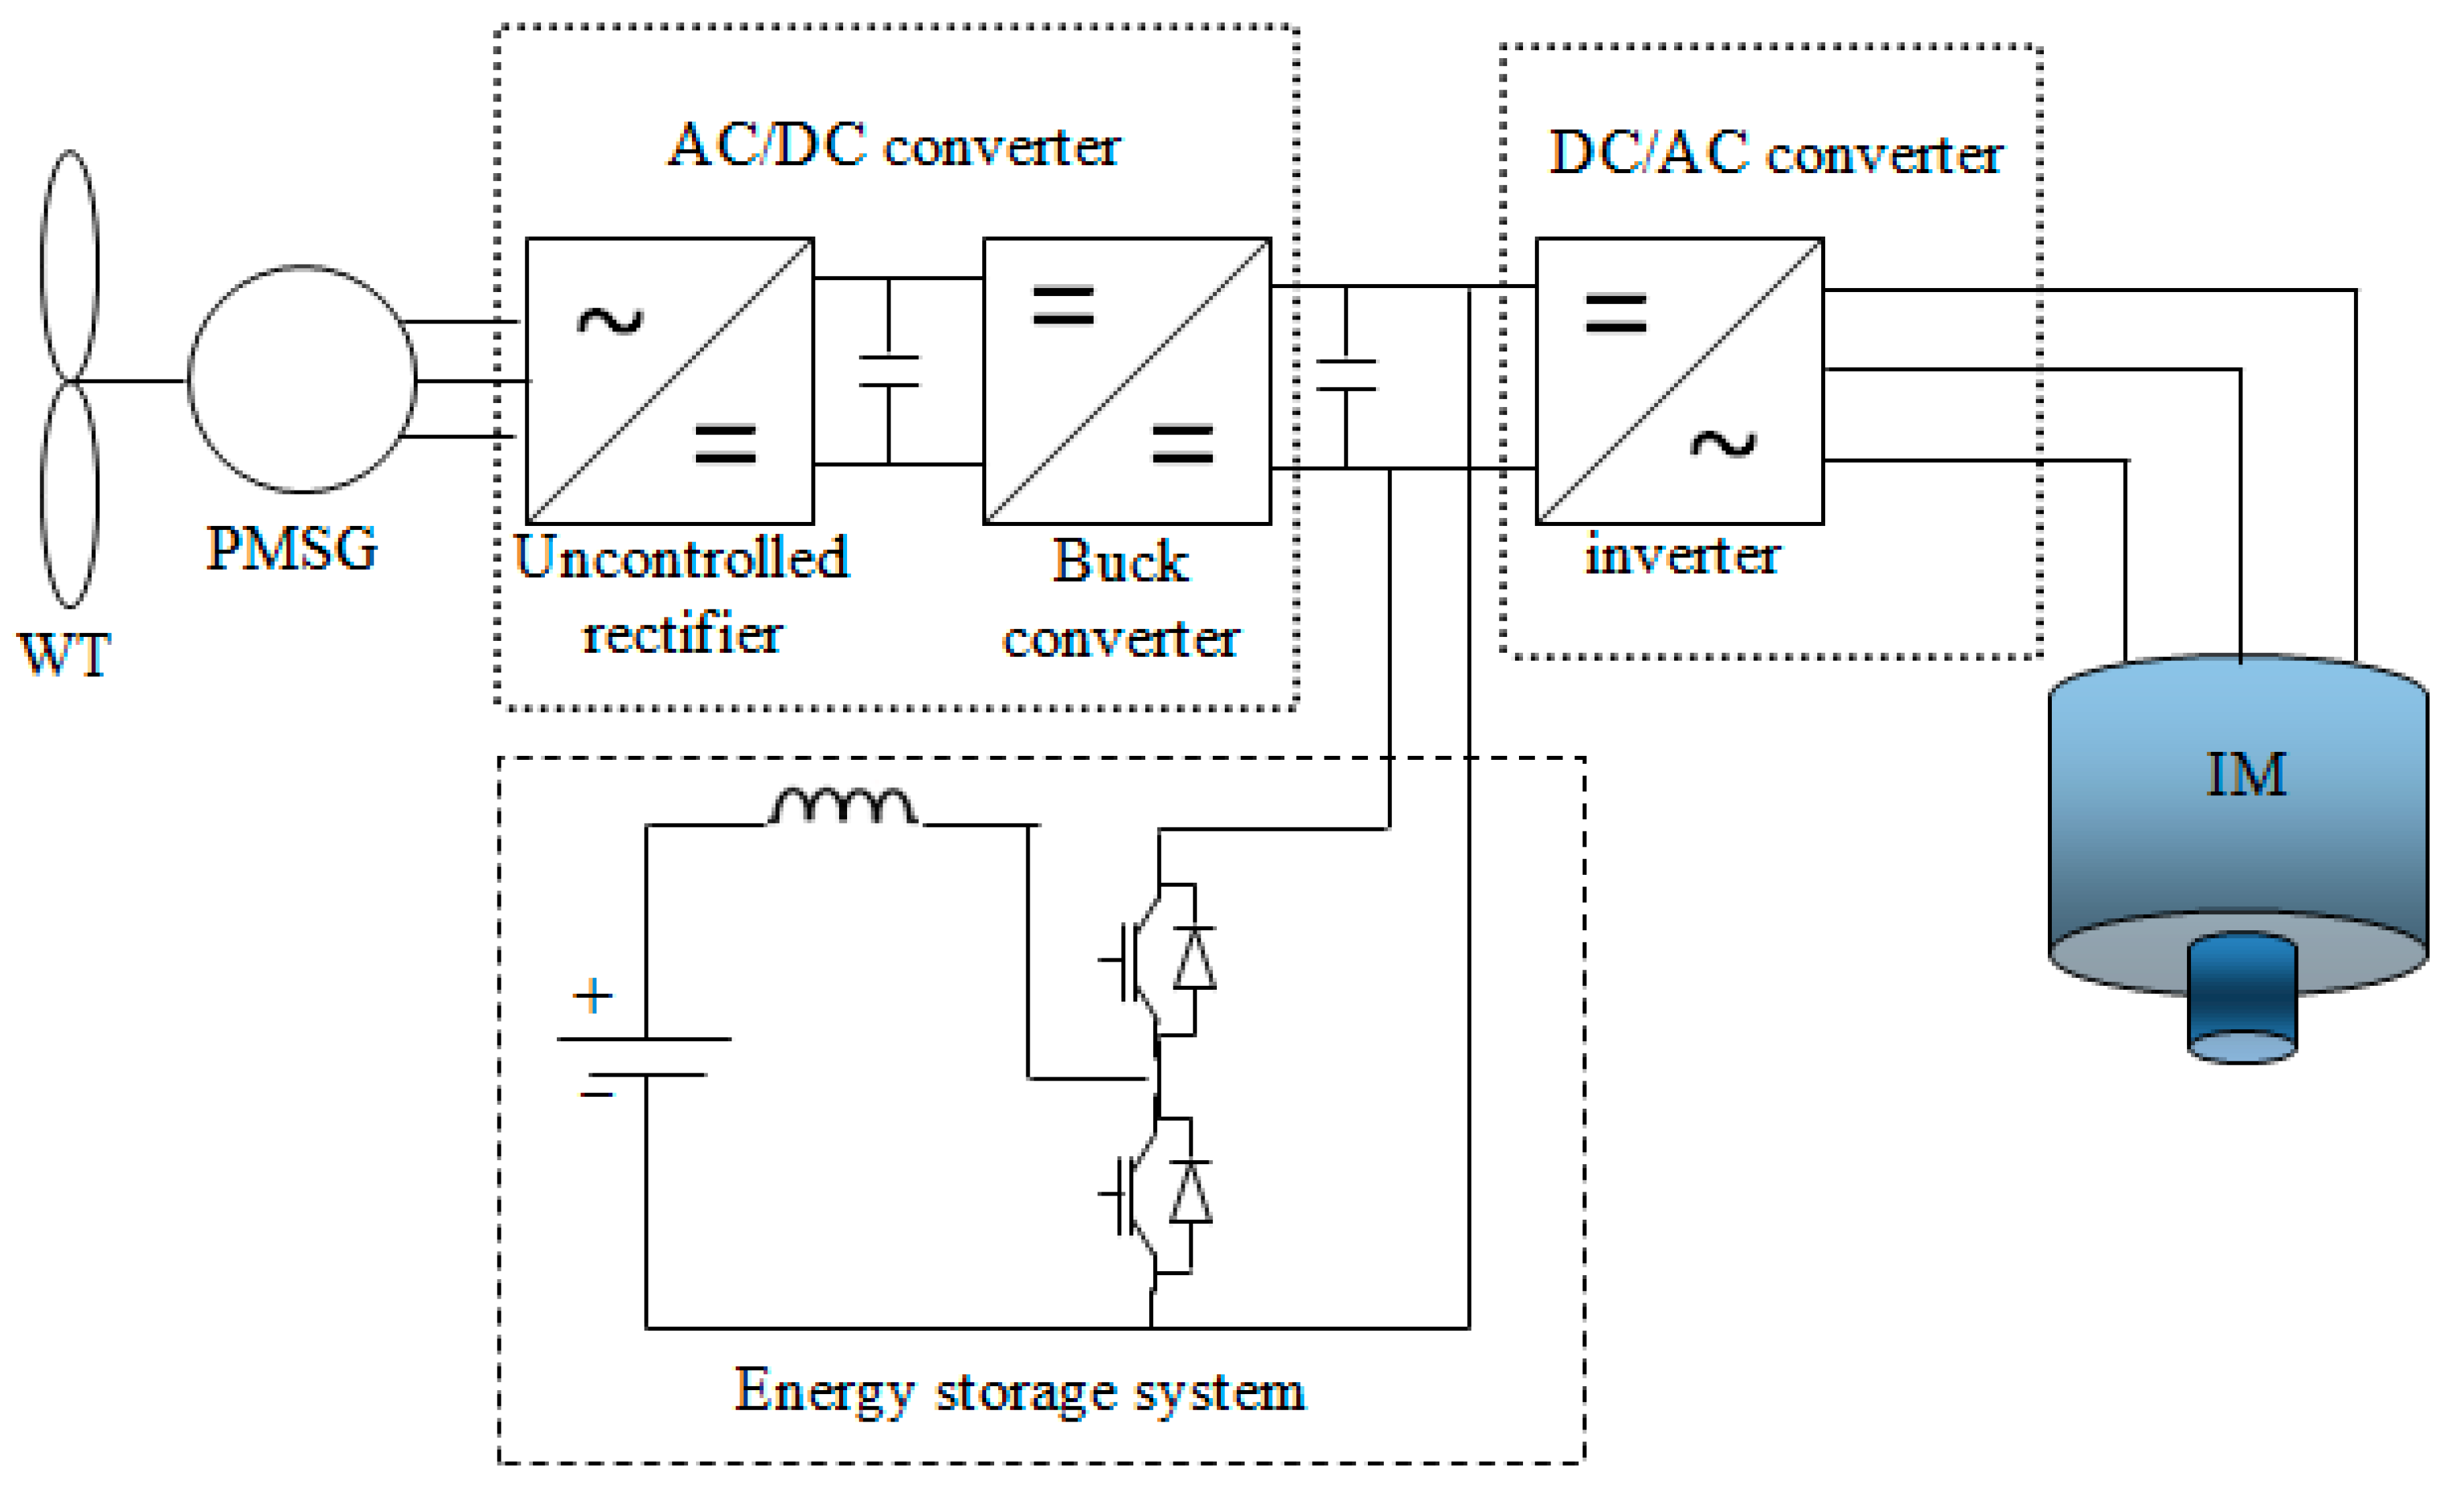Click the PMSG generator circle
pyautogui.click(x=302, y=379)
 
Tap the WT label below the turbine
pyautogui.click(x=65, y=656)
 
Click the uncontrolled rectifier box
pyautogui.click(x=669, y=381)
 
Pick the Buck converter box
pyautogui.click(x=1127, y=381)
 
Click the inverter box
pyautogui.click(x=1679, y=381)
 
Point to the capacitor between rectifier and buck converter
pyautogui.click(x=889, y=371)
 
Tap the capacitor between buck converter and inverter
pyautogui.click(x=1346, y=375)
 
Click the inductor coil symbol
pyautogui.click(x=842, y=807)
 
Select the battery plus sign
pyautogui.click(x=593, y=996)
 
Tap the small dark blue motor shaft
pyautogui.click(x=2242, y=998)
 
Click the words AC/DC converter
pyautogui.click(x=893, y=146)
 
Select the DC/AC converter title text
pyautogui.click(x=1776, y=154)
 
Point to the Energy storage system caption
pyautogui.click(x=1020, y=1391)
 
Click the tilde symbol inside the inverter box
pyautogui.click(x=1723, y=444)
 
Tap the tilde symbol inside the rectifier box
pyautogui.click(x=610, y=320)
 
